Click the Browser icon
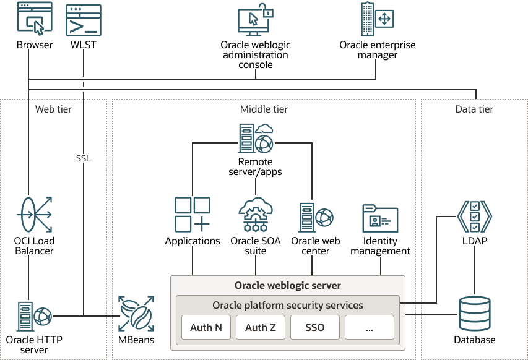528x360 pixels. tap(34, 20)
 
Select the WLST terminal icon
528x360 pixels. tap(84, 20)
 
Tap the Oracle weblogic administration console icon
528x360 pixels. tap(254, 21)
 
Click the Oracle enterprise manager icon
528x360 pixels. tap(377, 19)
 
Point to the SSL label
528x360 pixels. tap(83, 158)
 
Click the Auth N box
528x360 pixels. tap(206, 327)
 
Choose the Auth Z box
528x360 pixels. tap(261, 327)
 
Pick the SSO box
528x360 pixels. tap(315, 327)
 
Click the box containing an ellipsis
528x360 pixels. tap(370, 327)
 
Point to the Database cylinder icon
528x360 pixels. tap(475, 314)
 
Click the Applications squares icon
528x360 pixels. tap(193, 215)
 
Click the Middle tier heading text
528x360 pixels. tap(264, 109)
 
